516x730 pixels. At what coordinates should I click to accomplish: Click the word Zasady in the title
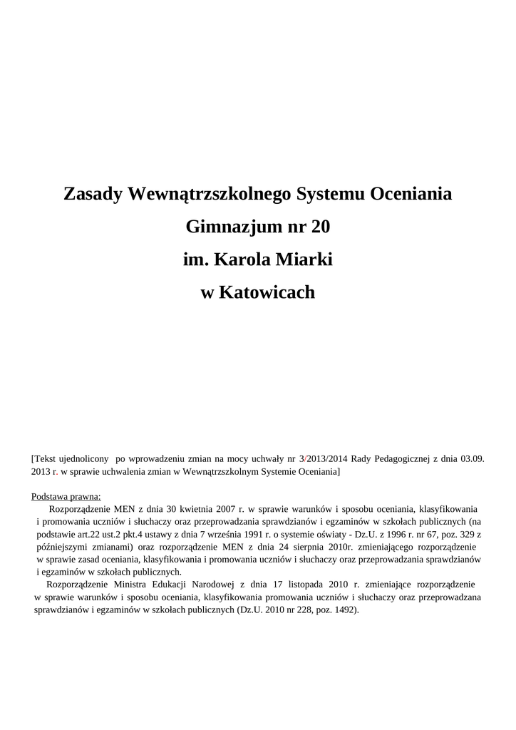tap(92, 194)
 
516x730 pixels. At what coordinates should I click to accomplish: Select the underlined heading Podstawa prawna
tap(66, 496)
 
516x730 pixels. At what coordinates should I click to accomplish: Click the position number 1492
tap(344, 610)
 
